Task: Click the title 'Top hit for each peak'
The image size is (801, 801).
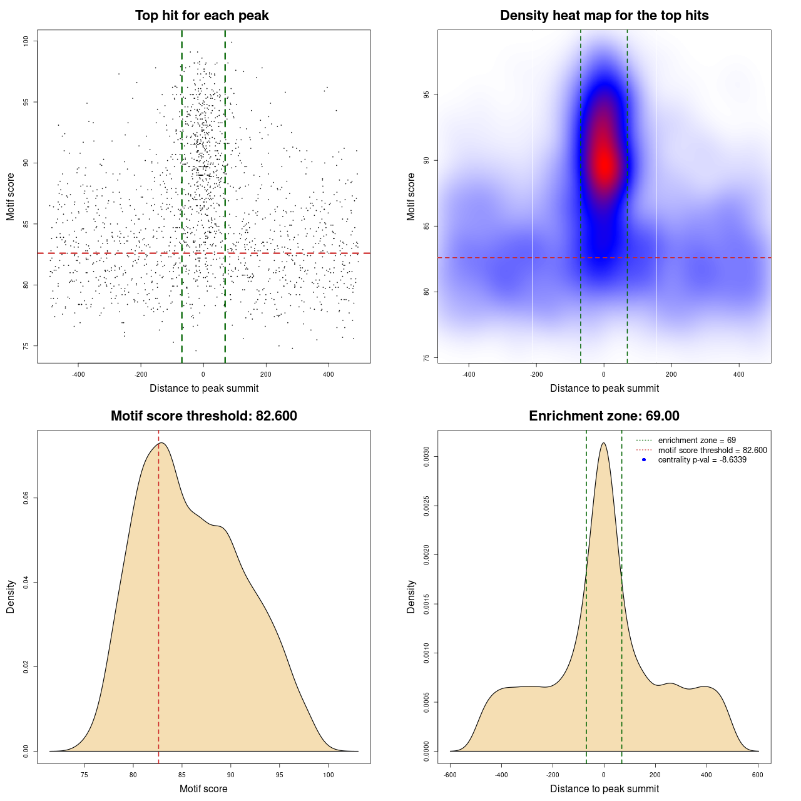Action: [202, 16]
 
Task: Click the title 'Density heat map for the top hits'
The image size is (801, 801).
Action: [604, 16]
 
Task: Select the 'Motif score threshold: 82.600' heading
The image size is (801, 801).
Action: [203, 416]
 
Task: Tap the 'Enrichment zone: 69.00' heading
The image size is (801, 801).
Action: [604, 416]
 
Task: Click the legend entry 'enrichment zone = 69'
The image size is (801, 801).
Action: [696, 441]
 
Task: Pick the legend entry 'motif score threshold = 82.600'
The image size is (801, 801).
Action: [712, 451]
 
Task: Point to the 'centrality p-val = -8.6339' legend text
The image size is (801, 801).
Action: [702, 460]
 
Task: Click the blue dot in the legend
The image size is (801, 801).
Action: [644, 460]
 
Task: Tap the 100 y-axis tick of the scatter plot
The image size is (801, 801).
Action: [26, 41]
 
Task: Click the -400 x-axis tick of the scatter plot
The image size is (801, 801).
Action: [78, 374]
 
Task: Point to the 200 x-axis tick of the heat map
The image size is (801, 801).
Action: [671, 374]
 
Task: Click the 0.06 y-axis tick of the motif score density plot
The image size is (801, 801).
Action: [26, 498]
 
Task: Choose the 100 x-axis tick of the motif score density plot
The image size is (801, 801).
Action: [329, 775]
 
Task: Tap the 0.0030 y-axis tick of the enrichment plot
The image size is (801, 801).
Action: [427, 457]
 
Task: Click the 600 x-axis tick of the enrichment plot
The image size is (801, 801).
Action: [758, 775]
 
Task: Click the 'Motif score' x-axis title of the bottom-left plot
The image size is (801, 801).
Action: [203, 788]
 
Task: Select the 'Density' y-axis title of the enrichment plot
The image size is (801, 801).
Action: [411, 596]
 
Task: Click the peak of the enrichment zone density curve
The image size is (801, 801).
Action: [603, 443]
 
